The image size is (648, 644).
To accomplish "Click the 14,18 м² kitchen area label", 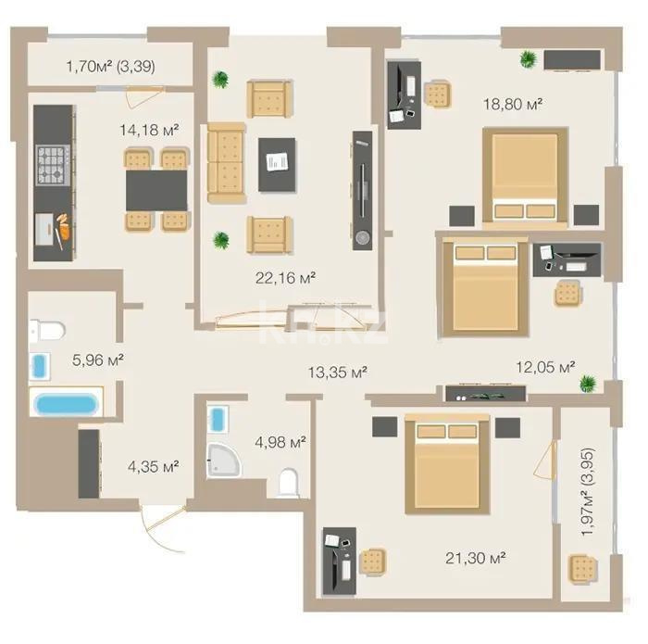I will coord(148,129).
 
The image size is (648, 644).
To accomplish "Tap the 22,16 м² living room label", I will coord(286,276).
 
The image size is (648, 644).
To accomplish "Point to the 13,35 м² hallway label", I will coord(338,373).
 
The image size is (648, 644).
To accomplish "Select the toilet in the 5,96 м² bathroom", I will coord(45,329).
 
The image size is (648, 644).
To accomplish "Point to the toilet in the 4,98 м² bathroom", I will coord(288,482).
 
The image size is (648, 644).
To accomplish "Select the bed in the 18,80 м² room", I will coord(525,176).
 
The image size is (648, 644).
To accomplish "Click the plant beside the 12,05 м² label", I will coord(586,384).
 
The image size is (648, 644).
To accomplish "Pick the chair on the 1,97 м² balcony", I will coord(582,566).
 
